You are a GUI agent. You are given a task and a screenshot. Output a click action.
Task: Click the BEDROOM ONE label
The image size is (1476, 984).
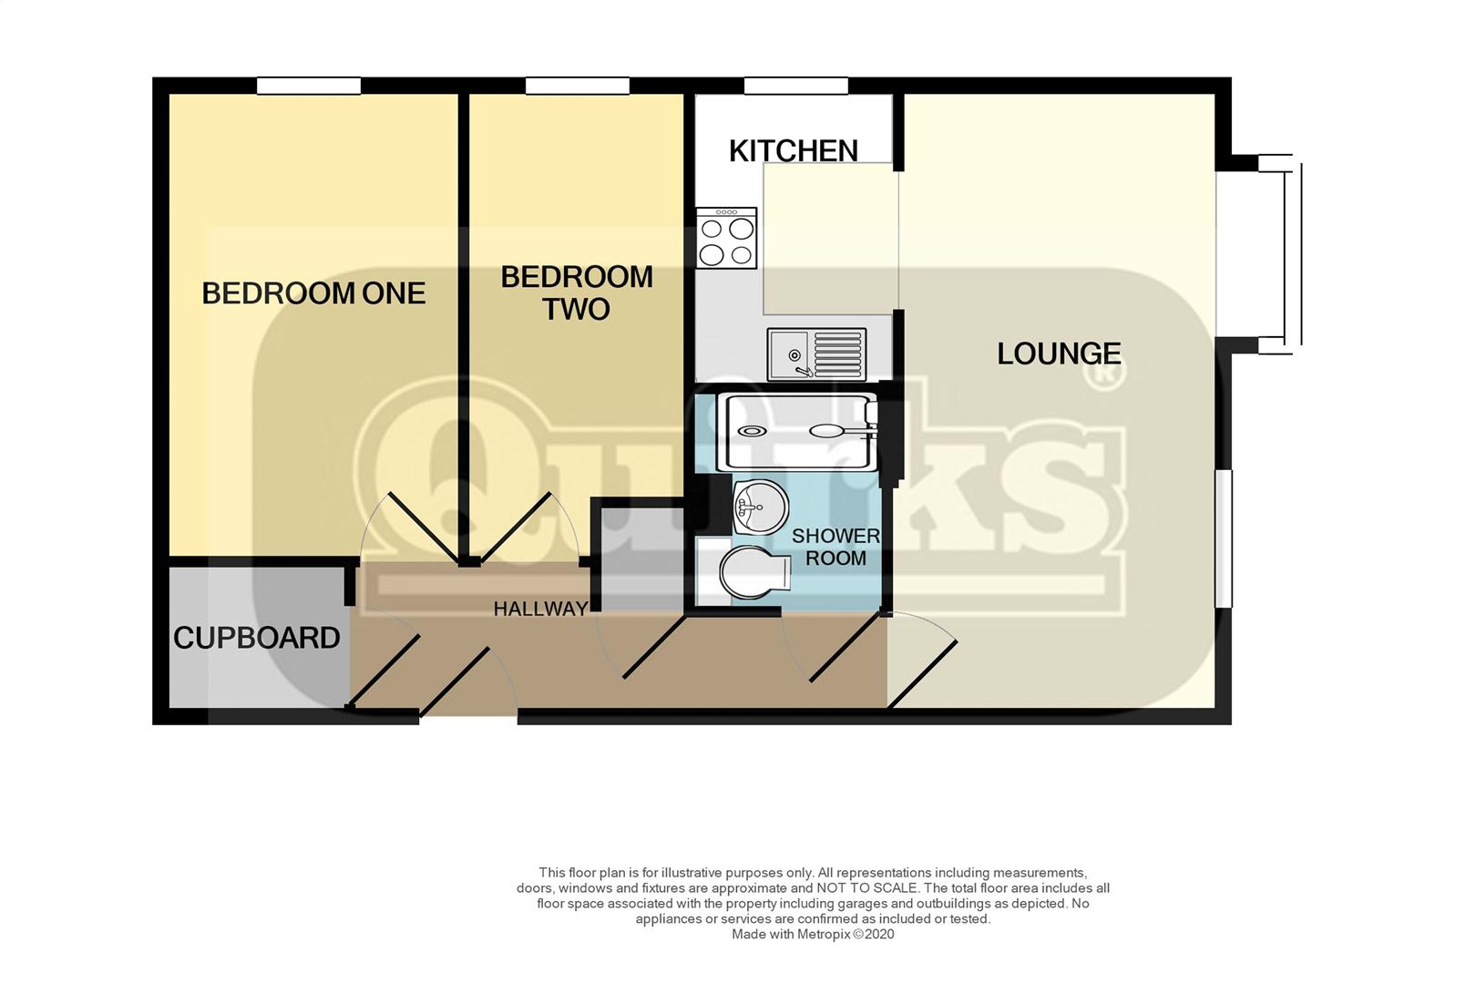tap(313, 293)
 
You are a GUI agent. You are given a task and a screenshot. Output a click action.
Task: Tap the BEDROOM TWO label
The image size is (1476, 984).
tap(577, 292)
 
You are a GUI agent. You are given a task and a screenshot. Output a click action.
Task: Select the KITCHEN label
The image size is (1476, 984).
tap(794, 151)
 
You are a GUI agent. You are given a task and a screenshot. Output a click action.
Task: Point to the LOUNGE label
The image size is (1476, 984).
tap(1059, 354)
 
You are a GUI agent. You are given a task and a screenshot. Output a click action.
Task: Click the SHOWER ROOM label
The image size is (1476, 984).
tap(835, 547)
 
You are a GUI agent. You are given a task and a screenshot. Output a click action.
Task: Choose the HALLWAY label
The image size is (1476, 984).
tap(540, 609)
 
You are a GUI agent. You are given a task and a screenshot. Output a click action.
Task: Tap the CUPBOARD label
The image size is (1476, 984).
tap(256, 638)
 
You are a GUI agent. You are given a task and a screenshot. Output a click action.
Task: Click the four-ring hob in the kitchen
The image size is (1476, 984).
tap(727, 238)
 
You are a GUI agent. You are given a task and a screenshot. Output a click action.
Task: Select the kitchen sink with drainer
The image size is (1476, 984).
tap(816, 354)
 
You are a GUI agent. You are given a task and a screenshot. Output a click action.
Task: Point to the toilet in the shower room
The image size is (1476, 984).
tap(754, 571)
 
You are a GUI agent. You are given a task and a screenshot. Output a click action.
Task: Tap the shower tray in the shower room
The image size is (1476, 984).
tap(802, 431)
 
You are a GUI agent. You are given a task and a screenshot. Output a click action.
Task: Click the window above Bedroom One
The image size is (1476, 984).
tap(309, 86)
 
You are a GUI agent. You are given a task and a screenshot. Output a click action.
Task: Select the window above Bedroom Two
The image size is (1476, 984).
tap(578, 86)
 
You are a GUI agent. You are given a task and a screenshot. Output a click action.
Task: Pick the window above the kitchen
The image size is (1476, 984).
tap(796, 86)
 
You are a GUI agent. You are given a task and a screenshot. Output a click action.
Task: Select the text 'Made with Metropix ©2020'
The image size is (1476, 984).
tap(813, 934)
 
